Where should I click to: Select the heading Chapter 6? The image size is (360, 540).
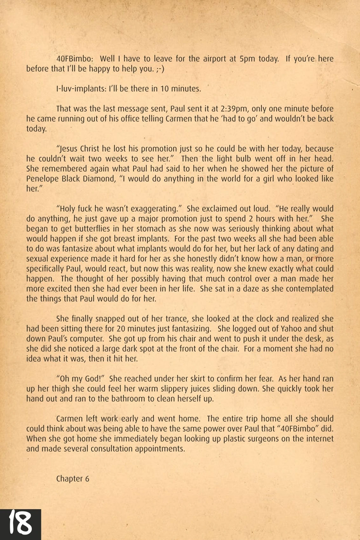[x=72, y=479]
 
